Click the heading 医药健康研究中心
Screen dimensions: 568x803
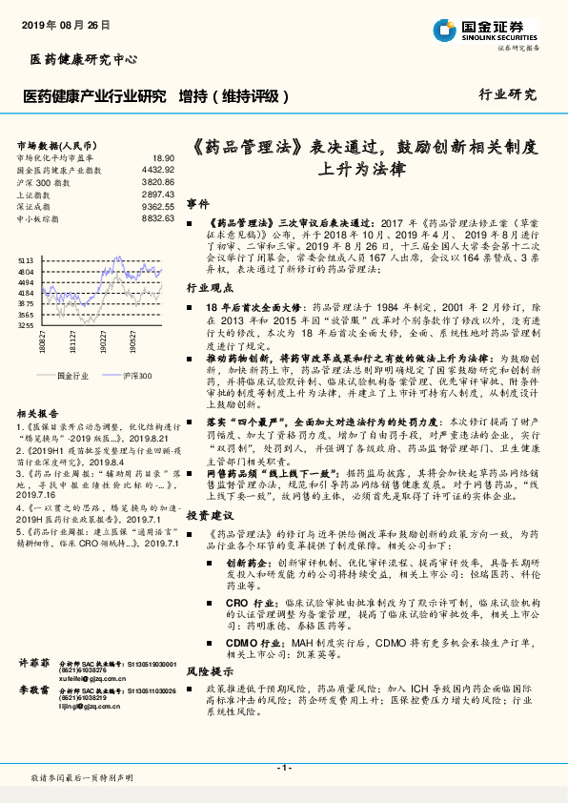coord(77,60)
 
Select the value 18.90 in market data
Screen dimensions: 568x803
coord(163,157)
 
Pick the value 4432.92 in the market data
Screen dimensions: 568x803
coord(158,169)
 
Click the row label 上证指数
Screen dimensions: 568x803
coord(37,194)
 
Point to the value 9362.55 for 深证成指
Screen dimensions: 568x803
coord(158,206)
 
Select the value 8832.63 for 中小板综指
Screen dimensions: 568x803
coord(158,218)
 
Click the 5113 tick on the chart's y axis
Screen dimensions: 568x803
coord(27,259)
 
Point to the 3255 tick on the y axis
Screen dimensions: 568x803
coord(27,324)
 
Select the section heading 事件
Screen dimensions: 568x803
coord(197,204)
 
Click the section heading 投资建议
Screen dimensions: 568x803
coord(204,514)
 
